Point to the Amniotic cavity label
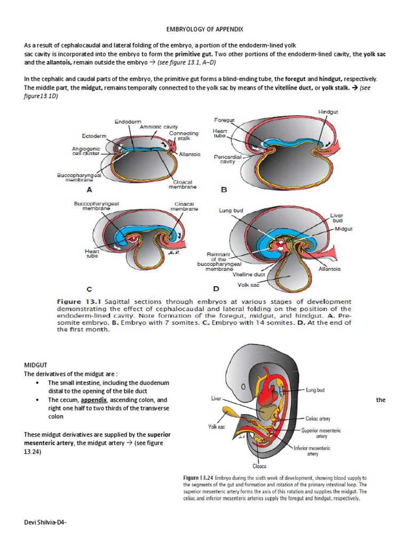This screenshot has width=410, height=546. tap(157, 127)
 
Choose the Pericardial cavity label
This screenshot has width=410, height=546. tap(228, 159)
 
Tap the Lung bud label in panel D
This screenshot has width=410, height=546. tap(231, 211)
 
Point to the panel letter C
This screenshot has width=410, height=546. tap(90, 289)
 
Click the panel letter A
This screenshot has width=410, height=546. tap(90, 189)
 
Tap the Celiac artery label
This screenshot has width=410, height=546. tap(320, 419)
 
